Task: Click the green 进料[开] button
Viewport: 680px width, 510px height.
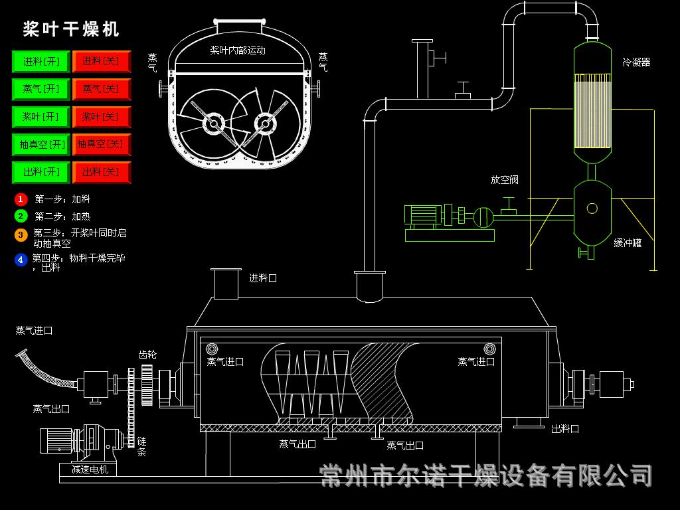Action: tap(41, 62)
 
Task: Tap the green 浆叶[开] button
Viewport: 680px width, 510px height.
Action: tap(41, 117)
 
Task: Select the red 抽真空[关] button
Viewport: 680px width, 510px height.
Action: tap(101, 144)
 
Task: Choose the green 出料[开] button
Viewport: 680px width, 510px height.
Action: tap(41, 172)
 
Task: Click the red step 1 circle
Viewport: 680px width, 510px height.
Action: tap(21, 199)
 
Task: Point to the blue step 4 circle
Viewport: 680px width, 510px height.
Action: tap(21, 260)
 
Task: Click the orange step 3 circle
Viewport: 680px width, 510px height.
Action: tap(21, 234)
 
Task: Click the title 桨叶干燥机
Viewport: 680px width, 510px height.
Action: tap(71, 29)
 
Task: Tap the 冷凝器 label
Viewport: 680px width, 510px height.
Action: tap(636, 62)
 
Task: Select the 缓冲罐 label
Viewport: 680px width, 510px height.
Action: tap(628, 243)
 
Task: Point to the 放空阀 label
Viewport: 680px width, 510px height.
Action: tap(505, 180)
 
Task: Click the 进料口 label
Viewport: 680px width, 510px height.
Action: tap(263, 278)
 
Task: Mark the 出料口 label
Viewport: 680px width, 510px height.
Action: tap(565, 429)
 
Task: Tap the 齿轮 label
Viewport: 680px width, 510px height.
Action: tap(147, 355)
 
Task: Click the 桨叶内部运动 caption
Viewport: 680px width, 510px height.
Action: tap(238, 50)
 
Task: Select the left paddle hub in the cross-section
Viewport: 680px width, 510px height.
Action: tap(213, 124)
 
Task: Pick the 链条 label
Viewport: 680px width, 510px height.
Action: tap(141, 446)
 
